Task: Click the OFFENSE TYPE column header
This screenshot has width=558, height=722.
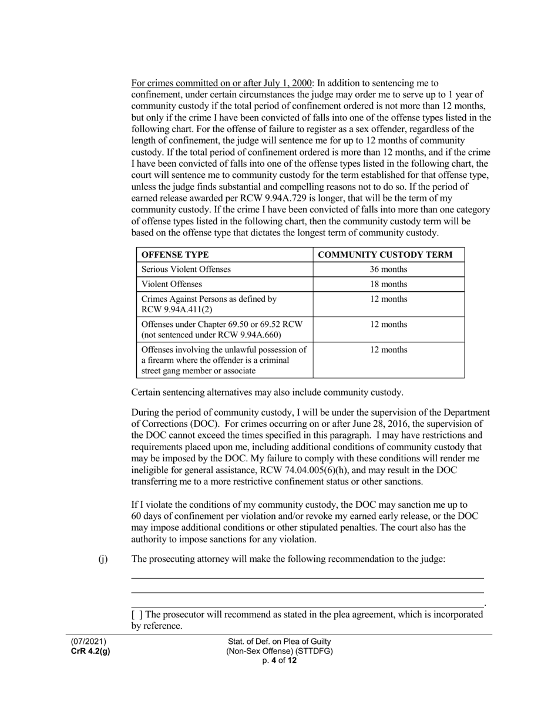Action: [175, 255]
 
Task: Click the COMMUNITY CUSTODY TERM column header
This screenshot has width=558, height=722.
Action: [388, 255]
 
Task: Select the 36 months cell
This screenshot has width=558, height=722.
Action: [388, 269]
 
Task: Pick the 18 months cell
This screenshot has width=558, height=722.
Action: [388, 284]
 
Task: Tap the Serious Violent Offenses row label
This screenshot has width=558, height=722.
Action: [186, 269]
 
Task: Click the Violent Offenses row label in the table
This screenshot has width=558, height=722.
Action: [172, 284]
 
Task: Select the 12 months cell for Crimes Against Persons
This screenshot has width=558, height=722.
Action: [388, 299]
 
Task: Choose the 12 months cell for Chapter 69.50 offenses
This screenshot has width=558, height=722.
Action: [388, 324]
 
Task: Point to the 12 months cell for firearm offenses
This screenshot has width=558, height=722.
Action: [388, 349]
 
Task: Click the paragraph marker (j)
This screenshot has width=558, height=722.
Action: [103, 559]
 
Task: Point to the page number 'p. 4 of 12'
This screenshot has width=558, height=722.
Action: [279, 660]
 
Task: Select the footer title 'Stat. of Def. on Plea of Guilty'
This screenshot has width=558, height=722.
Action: [279, 642]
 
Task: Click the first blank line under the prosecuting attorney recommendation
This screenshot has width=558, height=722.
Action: [307, 578]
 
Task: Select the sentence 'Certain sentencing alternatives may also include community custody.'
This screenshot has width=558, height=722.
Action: [267, 393]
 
